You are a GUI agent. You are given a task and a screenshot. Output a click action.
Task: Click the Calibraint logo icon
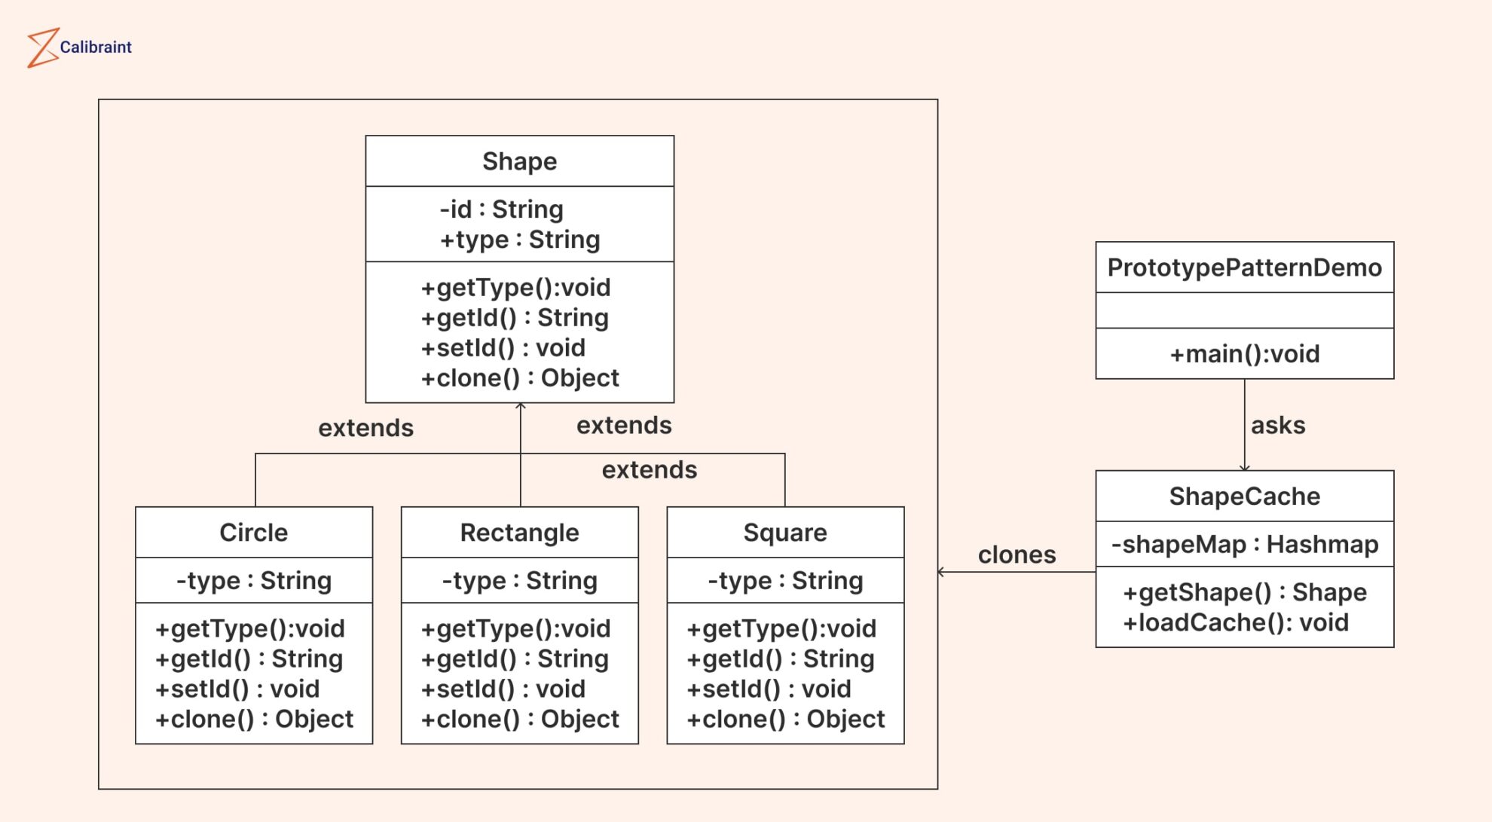point(43,47)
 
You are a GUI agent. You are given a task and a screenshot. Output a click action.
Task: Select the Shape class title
point(519,161)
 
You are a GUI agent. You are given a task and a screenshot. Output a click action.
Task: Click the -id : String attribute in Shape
point(501,209)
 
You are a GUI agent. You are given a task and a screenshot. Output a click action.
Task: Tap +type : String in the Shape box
point(520,240)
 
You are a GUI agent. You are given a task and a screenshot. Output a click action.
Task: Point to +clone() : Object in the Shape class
point(520,377)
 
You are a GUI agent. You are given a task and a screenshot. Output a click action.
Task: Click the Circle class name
point(253,532)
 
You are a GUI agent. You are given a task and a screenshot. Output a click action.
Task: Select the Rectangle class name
point(519,532)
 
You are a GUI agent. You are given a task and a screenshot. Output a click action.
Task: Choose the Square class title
point(784,532)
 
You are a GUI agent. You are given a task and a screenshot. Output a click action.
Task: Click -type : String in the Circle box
point(253,580)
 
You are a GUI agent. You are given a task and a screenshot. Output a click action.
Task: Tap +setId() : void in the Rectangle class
point(503,689)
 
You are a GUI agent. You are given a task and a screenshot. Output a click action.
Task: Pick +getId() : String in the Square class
point(780,659)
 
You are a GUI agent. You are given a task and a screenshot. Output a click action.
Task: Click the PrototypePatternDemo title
point(1244,267)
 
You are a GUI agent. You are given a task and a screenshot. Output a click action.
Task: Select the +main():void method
point(1244,353)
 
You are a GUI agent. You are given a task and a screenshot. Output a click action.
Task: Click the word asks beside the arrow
point(1278,425)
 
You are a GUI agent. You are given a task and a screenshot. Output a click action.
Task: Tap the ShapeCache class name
point(1244,496)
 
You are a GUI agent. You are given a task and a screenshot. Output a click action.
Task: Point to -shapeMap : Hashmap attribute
point(1244,544)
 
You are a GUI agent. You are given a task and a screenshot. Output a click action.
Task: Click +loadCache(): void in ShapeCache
point(1236,622)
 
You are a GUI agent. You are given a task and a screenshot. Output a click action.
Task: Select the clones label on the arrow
point(1017,555)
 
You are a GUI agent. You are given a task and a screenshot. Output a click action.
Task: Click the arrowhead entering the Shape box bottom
point(521,407)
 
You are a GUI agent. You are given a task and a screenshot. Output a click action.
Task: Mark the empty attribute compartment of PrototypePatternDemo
point(1244,310)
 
